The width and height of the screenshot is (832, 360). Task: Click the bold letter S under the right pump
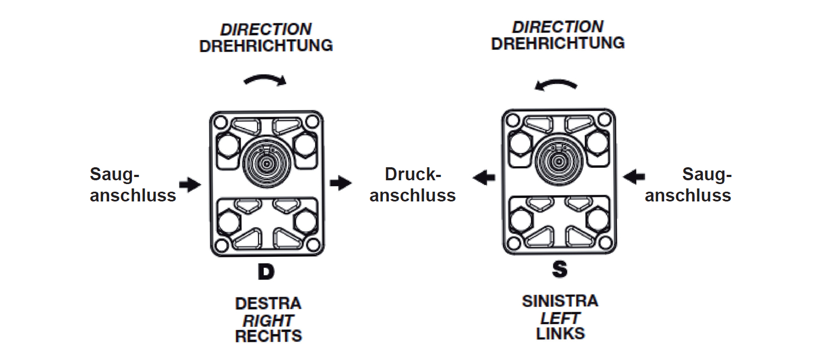(x=559, y=270)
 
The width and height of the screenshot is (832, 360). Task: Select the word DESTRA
(x=268, y=303)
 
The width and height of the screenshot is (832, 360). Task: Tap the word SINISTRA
(x=560, y=301)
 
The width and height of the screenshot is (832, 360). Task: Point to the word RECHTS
(x=268, y=336)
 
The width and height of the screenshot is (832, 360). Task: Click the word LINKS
(x=560, y=333)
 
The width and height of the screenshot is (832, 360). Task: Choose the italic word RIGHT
(x=268, y=320)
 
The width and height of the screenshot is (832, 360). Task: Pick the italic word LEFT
(x=560, y=317)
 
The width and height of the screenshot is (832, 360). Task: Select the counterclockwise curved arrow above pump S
(x=554, y=83)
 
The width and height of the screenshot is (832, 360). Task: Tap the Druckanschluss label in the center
(x=412, y=185)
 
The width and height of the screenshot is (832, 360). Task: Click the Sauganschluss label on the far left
(x=133, y=185)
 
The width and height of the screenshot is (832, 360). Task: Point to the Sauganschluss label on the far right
(x=688, y=185)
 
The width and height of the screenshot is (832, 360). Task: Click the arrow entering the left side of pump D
(x=190, y=185)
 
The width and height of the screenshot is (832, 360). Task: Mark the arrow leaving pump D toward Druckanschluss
(x=341, y=183)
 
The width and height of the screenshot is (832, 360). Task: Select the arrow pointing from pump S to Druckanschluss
(x=483, y=176)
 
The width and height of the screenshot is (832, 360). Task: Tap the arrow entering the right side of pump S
(x=634, y=176)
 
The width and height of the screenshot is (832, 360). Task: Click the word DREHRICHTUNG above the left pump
(x=266, y=46)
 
